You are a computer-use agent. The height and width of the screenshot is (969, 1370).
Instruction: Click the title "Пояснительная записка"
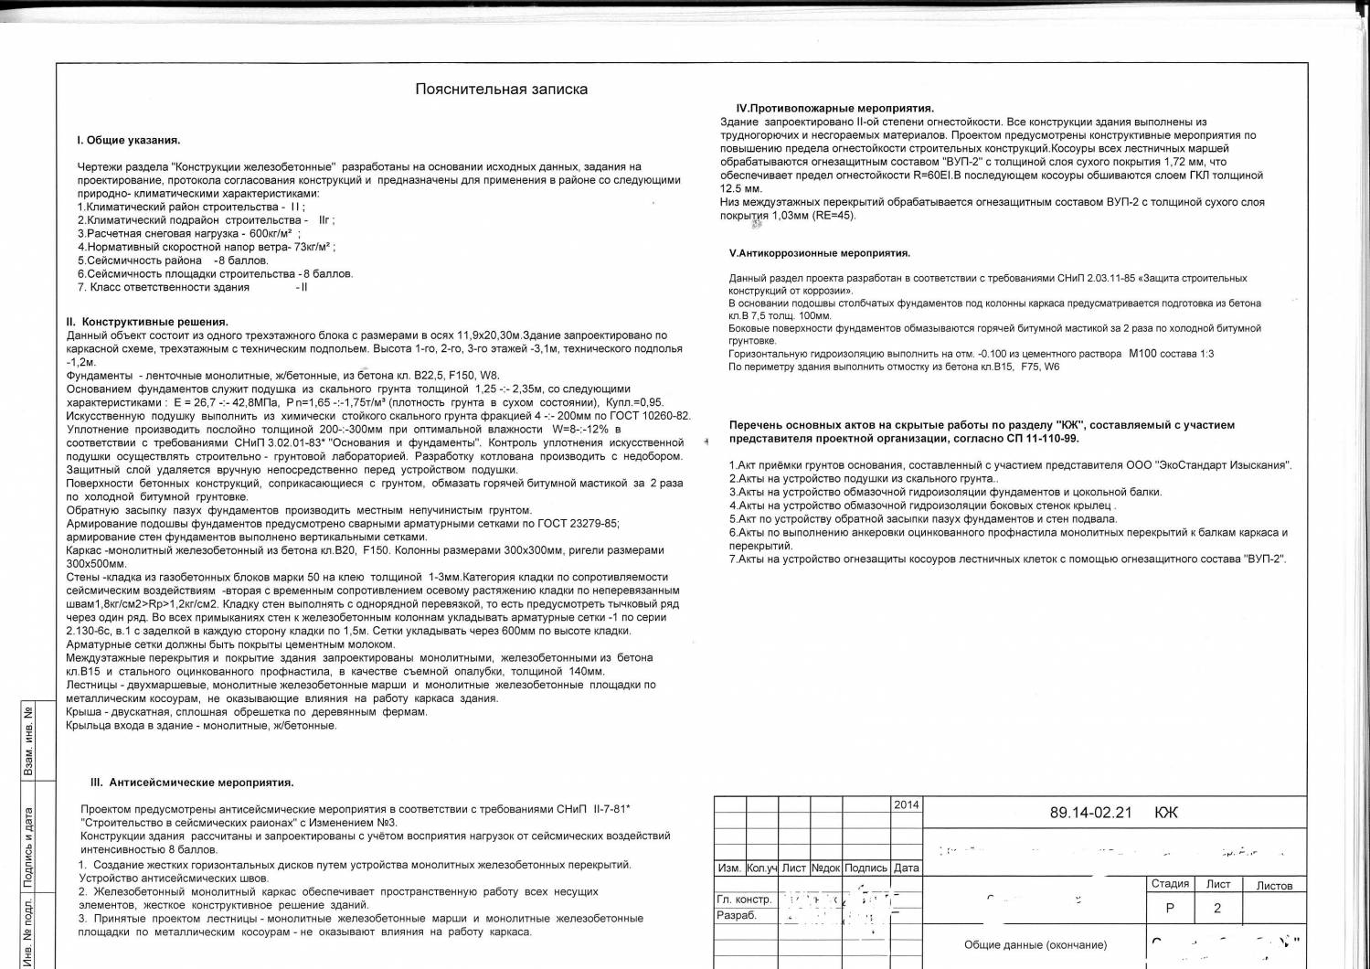[501, 90]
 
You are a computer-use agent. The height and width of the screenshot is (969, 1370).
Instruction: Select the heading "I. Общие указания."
[128, 141]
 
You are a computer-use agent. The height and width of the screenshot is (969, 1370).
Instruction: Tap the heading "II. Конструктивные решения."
[147, 322]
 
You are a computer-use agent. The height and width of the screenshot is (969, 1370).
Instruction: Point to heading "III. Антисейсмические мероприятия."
[192, 783]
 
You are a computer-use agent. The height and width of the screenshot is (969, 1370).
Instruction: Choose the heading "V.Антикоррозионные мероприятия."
[819, 253]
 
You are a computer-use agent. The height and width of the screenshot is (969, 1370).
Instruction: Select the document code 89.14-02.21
[1090, 813]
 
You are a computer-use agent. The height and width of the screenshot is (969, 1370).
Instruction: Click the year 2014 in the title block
[907, 805]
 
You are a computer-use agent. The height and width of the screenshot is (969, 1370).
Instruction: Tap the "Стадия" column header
[1170, 884]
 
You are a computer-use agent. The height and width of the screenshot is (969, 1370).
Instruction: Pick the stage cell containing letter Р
[1170, 909]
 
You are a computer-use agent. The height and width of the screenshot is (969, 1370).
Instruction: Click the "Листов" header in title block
[1274, 886]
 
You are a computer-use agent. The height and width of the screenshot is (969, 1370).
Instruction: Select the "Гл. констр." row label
[744, 900]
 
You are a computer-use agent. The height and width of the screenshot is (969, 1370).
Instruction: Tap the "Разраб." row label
[737, 915]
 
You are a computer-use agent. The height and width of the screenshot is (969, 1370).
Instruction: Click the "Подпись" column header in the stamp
[866, 868]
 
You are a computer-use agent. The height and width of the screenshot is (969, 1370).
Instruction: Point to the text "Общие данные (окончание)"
[1035, 945]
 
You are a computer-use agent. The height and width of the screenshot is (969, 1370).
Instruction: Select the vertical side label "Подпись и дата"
[27, 847]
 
